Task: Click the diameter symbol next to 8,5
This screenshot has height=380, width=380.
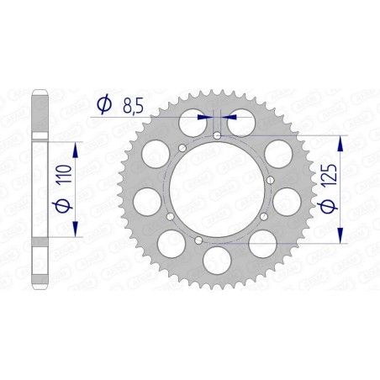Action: (104, 105)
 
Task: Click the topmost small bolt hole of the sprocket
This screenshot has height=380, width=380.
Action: (217, 135)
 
